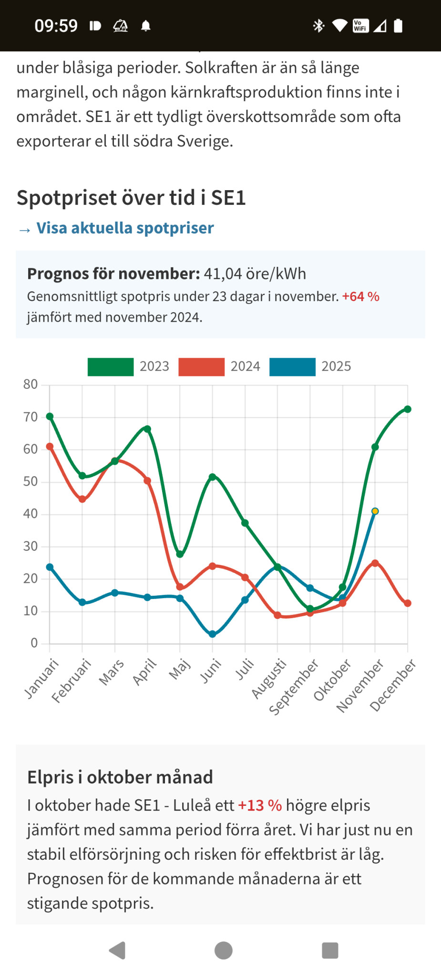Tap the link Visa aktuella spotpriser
[125, 228]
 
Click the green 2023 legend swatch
[111, 367]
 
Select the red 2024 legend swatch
[201, 367]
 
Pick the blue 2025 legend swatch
[292, 367]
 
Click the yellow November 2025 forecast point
[375, 511]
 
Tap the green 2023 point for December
[408, 409]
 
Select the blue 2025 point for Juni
[213, 634]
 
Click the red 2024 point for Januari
[50, 447]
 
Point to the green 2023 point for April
[147, 429]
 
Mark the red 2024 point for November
[375, 563]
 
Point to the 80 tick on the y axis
[31, 385]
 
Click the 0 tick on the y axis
[34, 643]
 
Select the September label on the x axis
[294, 687]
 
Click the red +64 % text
[360, 297]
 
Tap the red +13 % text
[260, 805]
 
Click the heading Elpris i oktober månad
[120, 777]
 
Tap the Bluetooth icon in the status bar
[318, 26]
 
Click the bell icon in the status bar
[146, 26]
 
